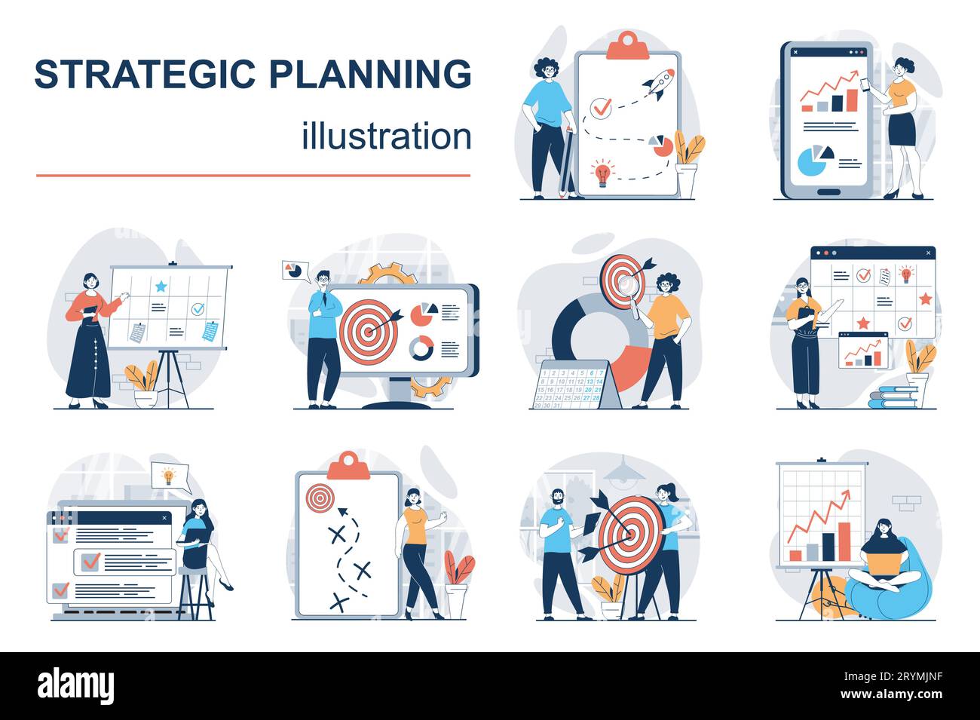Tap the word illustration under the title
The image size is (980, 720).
(387, 136)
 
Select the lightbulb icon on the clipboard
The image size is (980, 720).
(602, 171)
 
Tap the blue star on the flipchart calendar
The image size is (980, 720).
(161, 286)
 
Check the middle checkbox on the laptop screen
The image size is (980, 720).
(90, 561)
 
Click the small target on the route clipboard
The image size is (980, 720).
(319, 496)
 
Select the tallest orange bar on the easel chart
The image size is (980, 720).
(844, 541)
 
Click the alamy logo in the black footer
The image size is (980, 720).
(75, 685)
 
